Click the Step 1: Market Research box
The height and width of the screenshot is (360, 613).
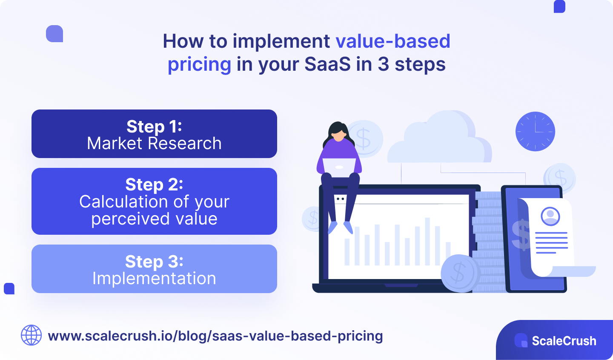click(154, 134)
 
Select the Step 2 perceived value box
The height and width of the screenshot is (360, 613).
click(154, 201)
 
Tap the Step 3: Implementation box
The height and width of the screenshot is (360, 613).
click(154, 269)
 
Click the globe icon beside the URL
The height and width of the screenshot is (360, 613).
click(32, 335)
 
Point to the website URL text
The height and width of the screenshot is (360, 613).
click(215, 336)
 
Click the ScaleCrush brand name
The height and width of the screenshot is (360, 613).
click(564, 341)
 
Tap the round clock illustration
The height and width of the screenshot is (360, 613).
click(535, 131)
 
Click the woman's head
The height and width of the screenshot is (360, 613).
click(338, 132)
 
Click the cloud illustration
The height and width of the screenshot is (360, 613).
click(438, 141)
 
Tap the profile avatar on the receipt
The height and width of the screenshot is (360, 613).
click(550, 216)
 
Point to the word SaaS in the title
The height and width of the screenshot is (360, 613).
click(328, 64)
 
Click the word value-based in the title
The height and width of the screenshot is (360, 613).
click(393, 41)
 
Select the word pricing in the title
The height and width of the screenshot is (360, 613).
click(199, 64)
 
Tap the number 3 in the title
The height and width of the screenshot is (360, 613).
click(383, 64)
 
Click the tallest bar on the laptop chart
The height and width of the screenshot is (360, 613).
click(427, 241)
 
